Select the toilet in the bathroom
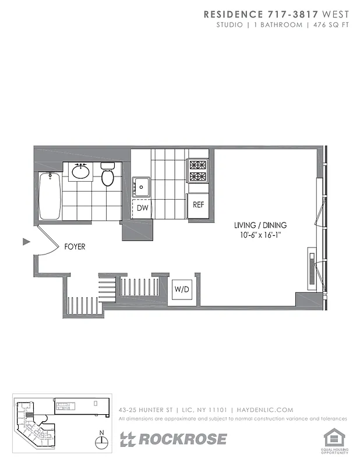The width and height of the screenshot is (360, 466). (x=107, y=175)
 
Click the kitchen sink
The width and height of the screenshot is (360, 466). (x=142, y=186)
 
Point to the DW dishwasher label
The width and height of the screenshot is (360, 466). (x=142, y=208)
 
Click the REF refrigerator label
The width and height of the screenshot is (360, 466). (x=199, y=204)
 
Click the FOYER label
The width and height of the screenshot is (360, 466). (x=75, y=247)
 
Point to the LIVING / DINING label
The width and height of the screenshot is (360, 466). (x=260, y=225)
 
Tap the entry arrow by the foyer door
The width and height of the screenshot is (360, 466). (x=26, y=241)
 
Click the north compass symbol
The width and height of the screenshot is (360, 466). (x=103, y=441)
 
